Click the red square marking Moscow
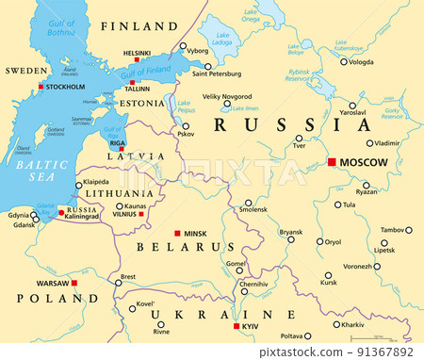[x=331, y=162]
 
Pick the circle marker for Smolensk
[x=248, y=202]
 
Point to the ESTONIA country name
[x=142, y=102]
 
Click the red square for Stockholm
[x=40, y=87]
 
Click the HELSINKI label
[x=138, y=54]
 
